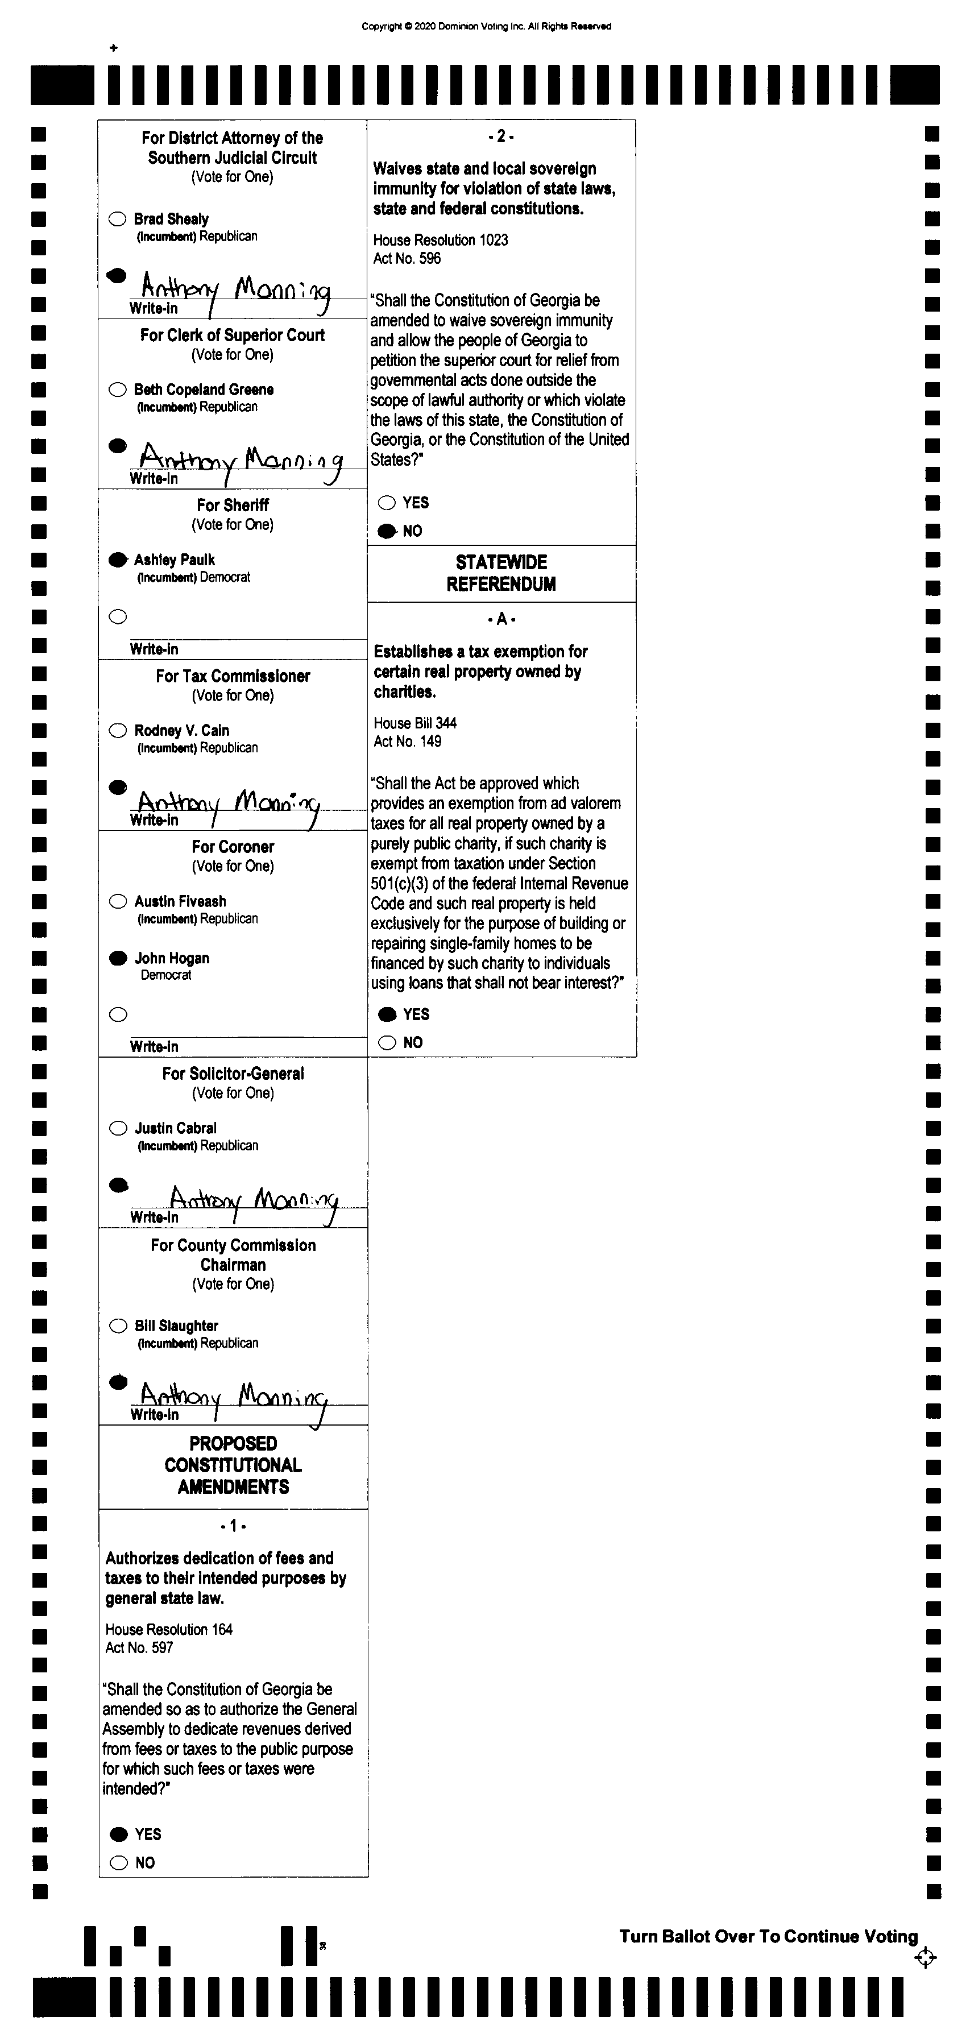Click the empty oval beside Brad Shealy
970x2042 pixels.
pyautogui.click(x=117, y=219)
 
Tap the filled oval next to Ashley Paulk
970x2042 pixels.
pyautogui.click(x=117, y=560)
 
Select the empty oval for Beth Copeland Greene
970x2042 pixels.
pyautogui.click(x=117, y=389)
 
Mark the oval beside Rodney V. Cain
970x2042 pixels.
pyautogui.click(x=117, y=730)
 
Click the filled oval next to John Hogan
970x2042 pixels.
pyautogui.click(x=118, y=958)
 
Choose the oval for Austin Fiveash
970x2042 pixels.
pyautogui.click(x=118, y=901)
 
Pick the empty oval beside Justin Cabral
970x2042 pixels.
pyautogui.click(x=118, y=1128)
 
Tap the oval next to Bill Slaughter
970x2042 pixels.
pyautogui.click(x=118, y=1326)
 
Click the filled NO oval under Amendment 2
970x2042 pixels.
pyautogui.click(x=387, y=531)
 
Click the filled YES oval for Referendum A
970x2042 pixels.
pyautogui.click(x=388, y=1014)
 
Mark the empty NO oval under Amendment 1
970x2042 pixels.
pyautogui.click(x=119, y=1863)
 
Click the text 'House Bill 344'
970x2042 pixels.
pyautogui.click(x=414, y=723)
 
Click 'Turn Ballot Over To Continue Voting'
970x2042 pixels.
pyautogui.click(x=768, y=1937)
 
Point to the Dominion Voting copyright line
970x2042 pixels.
pyautogui.click(x=486, y=26)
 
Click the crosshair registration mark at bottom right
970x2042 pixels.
pyautogui.click(x=925, y=1958)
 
